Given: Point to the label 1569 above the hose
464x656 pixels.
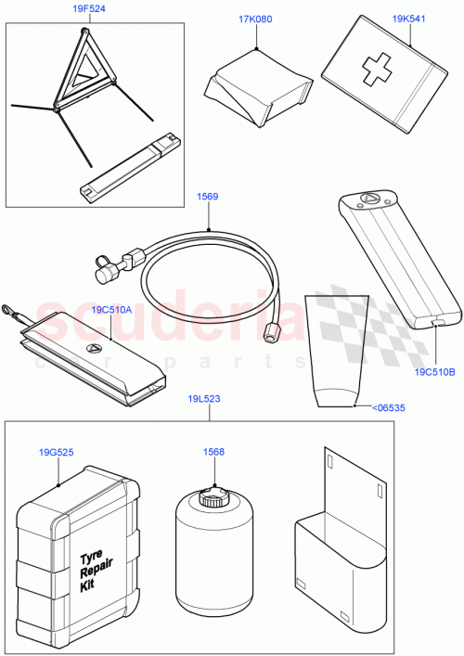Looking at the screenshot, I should click(206, 197).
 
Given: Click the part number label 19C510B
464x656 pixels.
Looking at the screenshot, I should click(433, 373).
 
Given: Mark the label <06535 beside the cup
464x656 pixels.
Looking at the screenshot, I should click(388, 406).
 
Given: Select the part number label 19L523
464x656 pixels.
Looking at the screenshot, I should click(201, 399).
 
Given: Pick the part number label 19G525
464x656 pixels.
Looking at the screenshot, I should click(58, 453).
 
